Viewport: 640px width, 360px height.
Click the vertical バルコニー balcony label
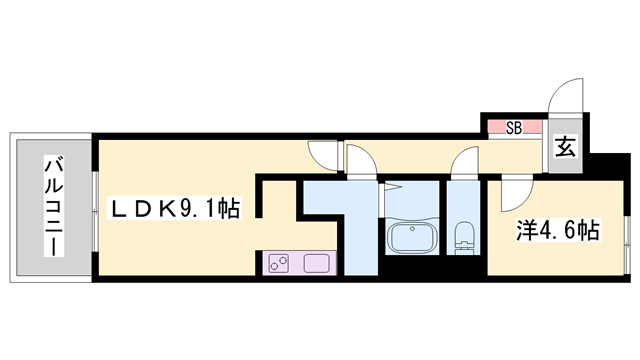pos(51,206)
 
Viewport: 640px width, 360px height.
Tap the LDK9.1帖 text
pos(174,209)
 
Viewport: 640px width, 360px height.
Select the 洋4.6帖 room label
pos(557,231)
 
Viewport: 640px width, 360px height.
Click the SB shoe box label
pos(514,127)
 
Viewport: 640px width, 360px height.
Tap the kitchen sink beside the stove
pos(315,265)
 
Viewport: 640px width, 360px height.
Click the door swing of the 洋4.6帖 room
pos(512,190)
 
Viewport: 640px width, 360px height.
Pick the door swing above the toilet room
pos(465,160)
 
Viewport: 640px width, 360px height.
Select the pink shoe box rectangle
pos(514,127)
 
